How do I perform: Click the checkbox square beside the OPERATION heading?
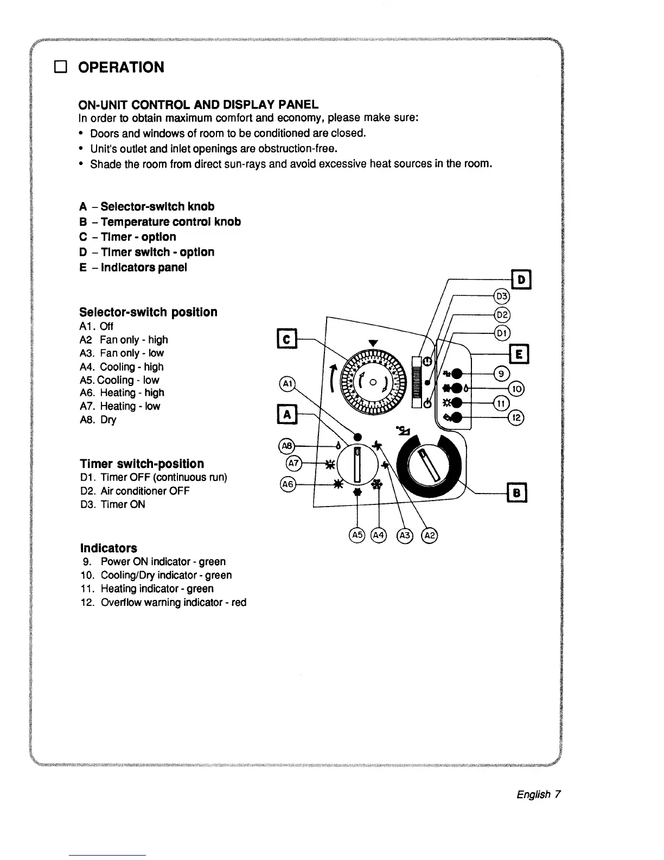[x=60, y=67]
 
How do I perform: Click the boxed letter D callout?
[x=521, y=280]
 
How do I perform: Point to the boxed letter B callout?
[x=516, y=493]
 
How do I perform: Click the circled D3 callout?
[x=502, y=296]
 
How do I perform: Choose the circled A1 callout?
[x=287, y=383]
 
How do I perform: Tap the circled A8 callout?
[x=287, y=446]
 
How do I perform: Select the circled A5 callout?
[x=357, y=535]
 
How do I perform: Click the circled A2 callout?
[x=430, y=535]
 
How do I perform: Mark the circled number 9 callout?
[x=502, y=374]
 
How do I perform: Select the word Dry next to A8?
[x=108, y=420]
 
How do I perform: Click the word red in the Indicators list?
[x=239, y=602]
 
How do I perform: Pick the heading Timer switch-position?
[x=142, y=464]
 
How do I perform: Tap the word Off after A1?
[x=107, y=326]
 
